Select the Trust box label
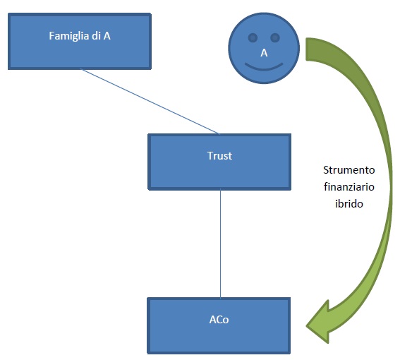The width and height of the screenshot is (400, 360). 219,156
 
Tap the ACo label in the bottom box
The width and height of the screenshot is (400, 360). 219,320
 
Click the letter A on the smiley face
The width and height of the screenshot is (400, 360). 264,53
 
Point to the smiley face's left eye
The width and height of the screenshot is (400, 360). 253,38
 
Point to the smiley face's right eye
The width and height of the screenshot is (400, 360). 275,38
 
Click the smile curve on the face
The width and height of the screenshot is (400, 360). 264,67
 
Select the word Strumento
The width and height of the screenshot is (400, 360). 349,170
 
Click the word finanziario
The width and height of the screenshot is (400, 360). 349,187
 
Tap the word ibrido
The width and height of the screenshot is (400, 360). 349,204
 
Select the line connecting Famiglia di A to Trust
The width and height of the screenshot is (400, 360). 150,101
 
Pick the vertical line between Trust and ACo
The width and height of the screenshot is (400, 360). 220,244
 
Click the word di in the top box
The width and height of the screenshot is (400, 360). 96,36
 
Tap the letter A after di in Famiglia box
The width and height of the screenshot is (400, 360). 107,36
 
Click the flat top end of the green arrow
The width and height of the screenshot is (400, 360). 306,49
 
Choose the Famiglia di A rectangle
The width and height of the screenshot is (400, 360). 80,42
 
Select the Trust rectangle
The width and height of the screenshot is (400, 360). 219,162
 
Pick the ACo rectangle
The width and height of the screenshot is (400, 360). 219,326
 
